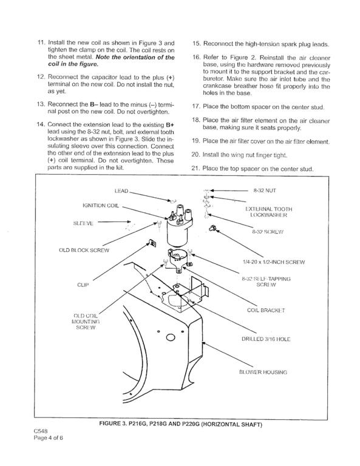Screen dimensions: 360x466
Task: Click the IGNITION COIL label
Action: coord(101,205)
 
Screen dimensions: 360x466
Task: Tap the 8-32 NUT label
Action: coord(265,191)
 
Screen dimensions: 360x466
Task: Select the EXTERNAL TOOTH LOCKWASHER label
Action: coord(269,212)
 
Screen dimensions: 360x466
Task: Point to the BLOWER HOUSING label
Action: coord(263,372)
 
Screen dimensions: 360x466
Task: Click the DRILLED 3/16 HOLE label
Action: coord(266,339)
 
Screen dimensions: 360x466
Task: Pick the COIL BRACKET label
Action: coord(266,310)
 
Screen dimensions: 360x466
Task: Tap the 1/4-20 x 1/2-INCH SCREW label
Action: coord(274,262)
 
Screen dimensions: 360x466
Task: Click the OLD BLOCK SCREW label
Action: coord(84,250)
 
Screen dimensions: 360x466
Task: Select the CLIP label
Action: coord(83,285)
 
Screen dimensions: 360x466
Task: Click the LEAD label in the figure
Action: coord(121,191)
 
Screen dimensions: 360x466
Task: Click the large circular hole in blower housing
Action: coord(171,337)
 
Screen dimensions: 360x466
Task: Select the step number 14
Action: coord(41,124)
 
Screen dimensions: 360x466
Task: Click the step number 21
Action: coord(195,169)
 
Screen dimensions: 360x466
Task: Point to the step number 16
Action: coord(197,58)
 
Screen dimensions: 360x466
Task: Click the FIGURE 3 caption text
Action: coord(181,424)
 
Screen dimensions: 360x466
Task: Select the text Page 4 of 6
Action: coord(49,437)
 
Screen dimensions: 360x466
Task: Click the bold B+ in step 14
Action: coord(170,125)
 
